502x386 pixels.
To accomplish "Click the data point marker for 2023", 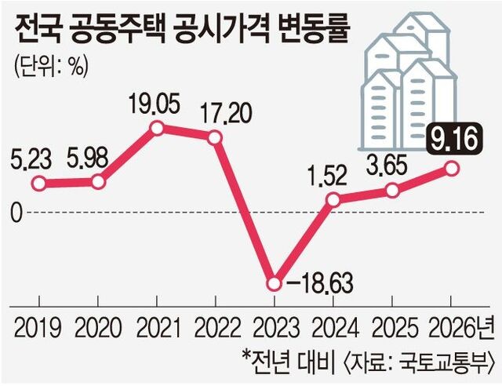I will coord(274,283).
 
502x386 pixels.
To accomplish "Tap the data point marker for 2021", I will coord(157,128).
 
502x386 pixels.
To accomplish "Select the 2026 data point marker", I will coord(451,168).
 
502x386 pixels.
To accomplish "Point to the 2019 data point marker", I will coord(39,184).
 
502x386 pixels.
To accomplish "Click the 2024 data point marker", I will coord(333,200).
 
